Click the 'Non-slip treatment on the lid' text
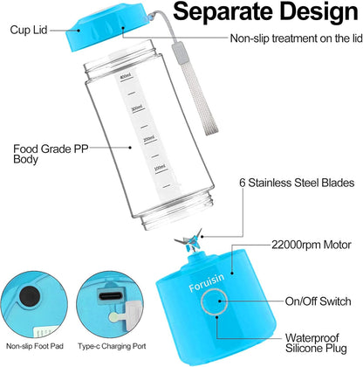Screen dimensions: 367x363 292,39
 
